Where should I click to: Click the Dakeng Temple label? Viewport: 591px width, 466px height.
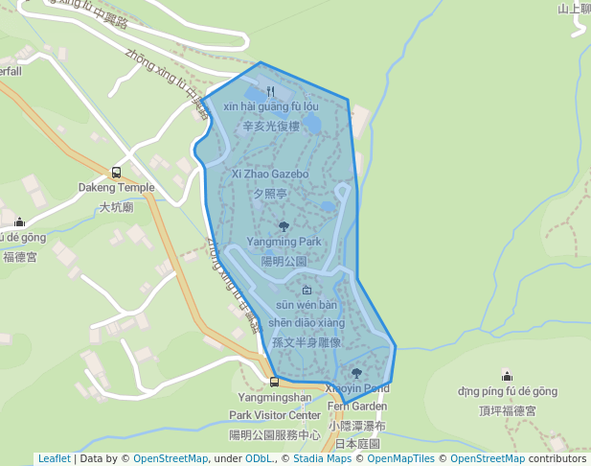click(x=116, y=188)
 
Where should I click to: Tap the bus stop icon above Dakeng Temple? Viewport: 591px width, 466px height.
click(x=116, y=173)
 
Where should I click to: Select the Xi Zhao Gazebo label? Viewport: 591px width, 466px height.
click(x=270, y=175)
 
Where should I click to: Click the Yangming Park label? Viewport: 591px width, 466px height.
click(x=284, y=242)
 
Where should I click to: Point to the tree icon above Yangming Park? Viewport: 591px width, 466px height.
click(x=284, y=226)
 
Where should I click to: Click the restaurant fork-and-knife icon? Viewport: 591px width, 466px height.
click(x=270, y=91)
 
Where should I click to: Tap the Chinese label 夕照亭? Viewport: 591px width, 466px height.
click(x=270, y=193)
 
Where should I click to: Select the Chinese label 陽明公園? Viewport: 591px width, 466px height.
click(x=284, y=261)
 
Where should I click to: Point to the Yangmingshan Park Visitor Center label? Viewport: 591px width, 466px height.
click(x=275, y=406)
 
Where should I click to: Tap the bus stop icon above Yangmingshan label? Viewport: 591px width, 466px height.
click(x=275, y=383)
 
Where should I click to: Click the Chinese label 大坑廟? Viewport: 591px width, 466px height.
click(x=116, y=206)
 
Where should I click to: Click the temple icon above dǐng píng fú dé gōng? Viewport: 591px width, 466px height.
click(x=507, y=376)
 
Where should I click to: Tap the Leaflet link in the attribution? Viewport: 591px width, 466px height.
click(x=54, y=458)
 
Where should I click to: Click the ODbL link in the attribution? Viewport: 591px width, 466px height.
click(x=258, y=458)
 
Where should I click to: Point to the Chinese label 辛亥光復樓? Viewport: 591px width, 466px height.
click(x=271, y=126)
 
